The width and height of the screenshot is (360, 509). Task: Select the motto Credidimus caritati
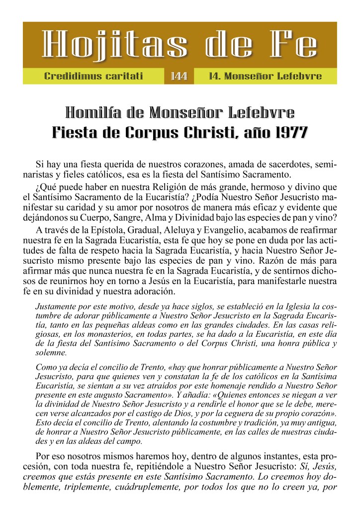pyautogui.click(x=93, y=77)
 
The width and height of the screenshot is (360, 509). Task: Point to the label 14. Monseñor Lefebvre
pyautogui.click(x=266, y=77)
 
